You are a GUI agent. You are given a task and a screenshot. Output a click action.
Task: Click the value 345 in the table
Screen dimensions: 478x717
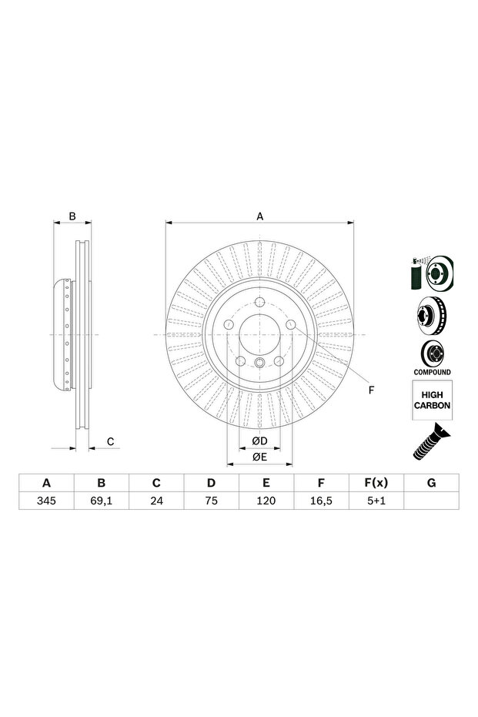(x=46, y=501)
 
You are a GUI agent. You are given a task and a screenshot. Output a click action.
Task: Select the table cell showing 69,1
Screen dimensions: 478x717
(x=102, y=501)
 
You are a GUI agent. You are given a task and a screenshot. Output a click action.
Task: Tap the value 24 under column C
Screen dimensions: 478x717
(x=156, y=501)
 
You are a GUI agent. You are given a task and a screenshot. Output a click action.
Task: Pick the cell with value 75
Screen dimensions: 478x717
(x=211, y=501)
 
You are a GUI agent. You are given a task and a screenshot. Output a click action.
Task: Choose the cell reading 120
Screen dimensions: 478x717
(x=266, y=501)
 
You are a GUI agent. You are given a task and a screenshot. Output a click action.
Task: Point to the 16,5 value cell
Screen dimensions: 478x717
(x=321, y=501)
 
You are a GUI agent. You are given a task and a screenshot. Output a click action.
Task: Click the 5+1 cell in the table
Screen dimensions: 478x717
(x=376, y=501)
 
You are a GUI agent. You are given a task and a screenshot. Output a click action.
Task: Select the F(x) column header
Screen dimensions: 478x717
(x=376, y=483)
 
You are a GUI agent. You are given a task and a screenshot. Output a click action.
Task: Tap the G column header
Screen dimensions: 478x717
(x=431, y=483)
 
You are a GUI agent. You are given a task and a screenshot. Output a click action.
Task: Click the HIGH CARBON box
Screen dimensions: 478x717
(x=433, y=400)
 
